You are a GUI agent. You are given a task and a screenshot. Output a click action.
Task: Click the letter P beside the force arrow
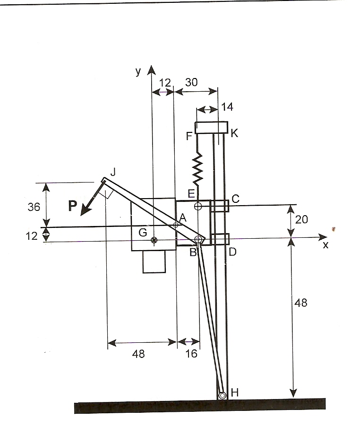(x=72, y=205)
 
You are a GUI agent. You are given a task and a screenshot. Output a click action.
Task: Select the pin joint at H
(x=222, y=395)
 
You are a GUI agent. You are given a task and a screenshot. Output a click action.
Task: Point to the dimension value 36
(x=34, y=207)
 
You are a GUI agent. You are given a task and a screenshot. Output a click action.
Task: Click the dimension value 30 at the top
(x=191, y=82)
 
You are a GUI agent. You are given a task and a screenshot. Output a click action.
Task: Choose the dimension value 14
(x=227, y=107)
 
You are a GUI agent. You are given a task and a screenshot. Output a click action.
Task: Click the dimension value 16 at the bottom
(x=191, y=354)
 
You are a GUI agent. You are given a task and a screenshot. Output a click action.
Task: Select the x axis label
(x=325, y=245)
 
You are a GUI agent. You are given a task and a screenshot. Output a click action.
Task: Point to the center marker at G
(x=154, y=240)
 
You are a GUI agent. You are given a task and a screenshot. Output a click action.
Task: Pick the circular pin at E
(x=198, y=206)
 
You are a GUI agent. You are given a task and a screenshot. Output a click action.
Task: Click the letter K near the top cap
(x=235, y=134)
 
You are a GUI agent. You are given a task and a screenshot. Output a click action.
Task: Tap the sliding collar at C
(x=220, y=206)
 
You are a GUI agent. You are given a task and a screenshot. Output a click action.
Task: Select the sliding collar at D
(x=220, y=239)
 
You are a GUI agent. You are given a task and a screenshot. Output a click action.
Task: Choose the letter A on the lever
(x=182, y=218)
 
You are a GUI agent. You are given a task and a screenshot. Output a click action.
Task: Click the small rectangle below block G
(x=154, y=261)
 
